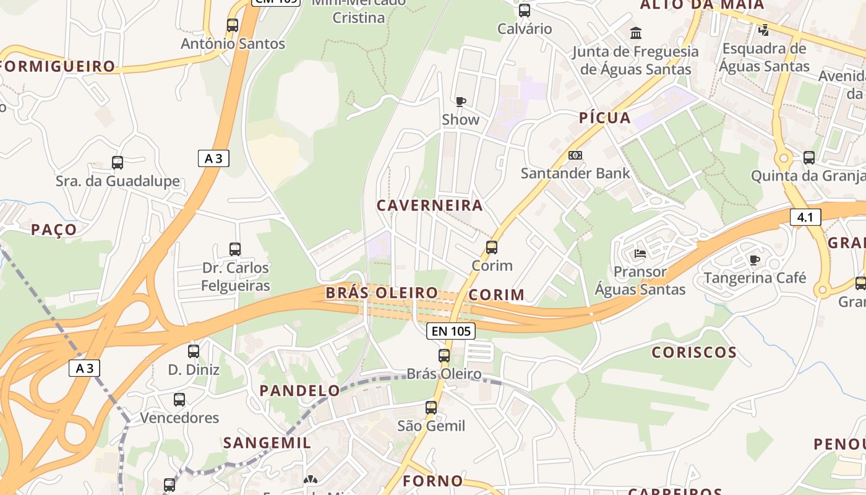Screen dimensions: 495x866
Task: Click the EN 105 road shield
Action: [x=452, y=331]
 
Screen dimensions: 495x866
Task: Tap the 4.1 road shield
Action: [x=805, y=217]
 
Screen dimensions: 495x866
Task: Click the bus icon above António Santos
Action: [x=233, y=25]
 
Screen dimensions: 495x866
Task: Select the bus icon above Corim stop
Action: [x=492, y=247]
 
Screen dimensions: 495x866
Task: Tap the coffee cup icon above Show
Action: [x=460, y=101]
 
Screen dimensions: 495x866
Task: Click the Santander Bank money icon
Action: [x=575, y=155]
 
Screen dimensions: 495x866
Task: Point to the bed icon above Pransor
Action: [x=640, y=254]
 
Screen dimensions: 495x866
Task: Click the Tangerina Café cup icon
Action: [x=754, y=260]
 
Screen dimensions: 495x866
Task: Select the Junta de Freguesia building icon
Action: [x=635, y=33]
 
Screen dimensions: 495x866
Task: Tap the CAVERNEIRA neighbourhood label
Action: [x=430, y=205]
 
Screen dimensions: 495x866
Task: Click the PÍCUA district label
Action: [x=605, y=118]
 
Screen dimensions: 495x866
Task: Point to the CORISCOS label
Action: [x=694, y=353]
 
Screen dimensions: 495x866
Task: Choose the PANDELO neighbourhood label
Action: [x=300, y=390]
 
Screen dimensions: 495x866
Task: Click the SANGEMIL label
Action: [x=267, y=443]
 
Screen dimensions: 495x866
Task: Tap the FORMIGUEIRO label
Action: [x=59, y=66]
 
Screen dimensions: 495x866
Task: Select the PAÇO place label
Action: [x=54, y=230]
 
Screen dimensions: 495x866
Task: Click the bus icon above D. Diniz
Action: [x=194, y=351]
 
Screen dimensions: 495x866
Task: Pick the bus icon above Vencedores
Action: [x=179, y=400]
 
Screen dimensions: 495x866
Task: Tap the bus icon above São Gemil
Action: [x=431, y=408]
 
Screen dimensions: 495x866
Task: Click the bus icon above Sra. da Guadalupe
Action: [x=118, y=163]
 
